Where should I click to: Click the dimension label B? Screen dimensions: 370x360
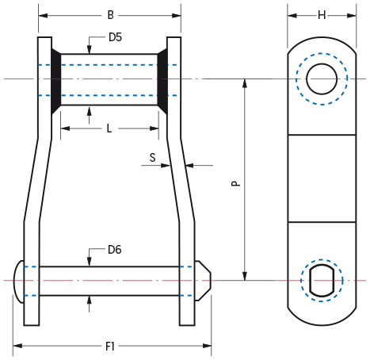click(111, 15)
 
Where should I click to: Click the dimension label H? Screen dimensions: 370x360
click(322, 15)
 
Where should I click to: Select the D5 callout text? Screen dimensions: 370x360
click(115, 37)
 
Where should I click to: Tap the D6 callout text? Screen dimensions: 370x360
click(115, 250)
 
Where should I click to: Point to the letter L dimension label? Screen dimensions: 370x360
click(109, 128)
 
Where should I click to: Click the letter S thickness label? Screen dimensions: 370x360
click(153, 158)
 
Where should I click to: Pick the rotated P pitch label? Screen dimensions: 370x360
click(236, 183)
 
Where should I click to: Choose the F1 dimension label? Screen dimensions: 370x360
click(110, 347)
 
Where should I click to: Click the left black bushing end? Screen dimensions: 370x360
click(55, 81)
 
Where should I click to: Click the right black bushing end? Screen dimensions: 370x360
click(162, 81)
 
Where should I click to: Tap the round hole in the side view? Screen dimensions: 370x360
click(322, 79)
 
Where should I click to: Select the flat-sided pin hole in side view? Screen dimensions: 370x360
click(322, 280)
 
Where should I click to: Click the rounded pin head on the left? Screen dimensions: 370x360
click(19, 281)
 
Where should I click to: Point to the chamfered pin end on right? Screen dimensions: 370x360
click(203, 281)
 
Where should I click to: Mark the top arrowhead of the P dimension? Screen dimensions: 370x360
click(245, 83)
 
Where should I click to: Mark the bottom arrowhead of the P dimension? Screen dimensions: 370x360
click(245, 276)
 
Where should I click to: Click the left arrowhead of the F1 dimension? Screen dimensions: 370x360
click(17, 346)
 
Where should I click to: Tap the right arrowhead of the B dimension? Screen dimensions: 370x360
click(177, 16)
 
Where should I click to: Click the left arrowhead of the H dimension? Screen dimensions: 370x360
click(292, 16)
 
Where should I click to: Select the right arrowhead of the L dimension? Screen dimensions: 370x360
click(154, 128)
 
